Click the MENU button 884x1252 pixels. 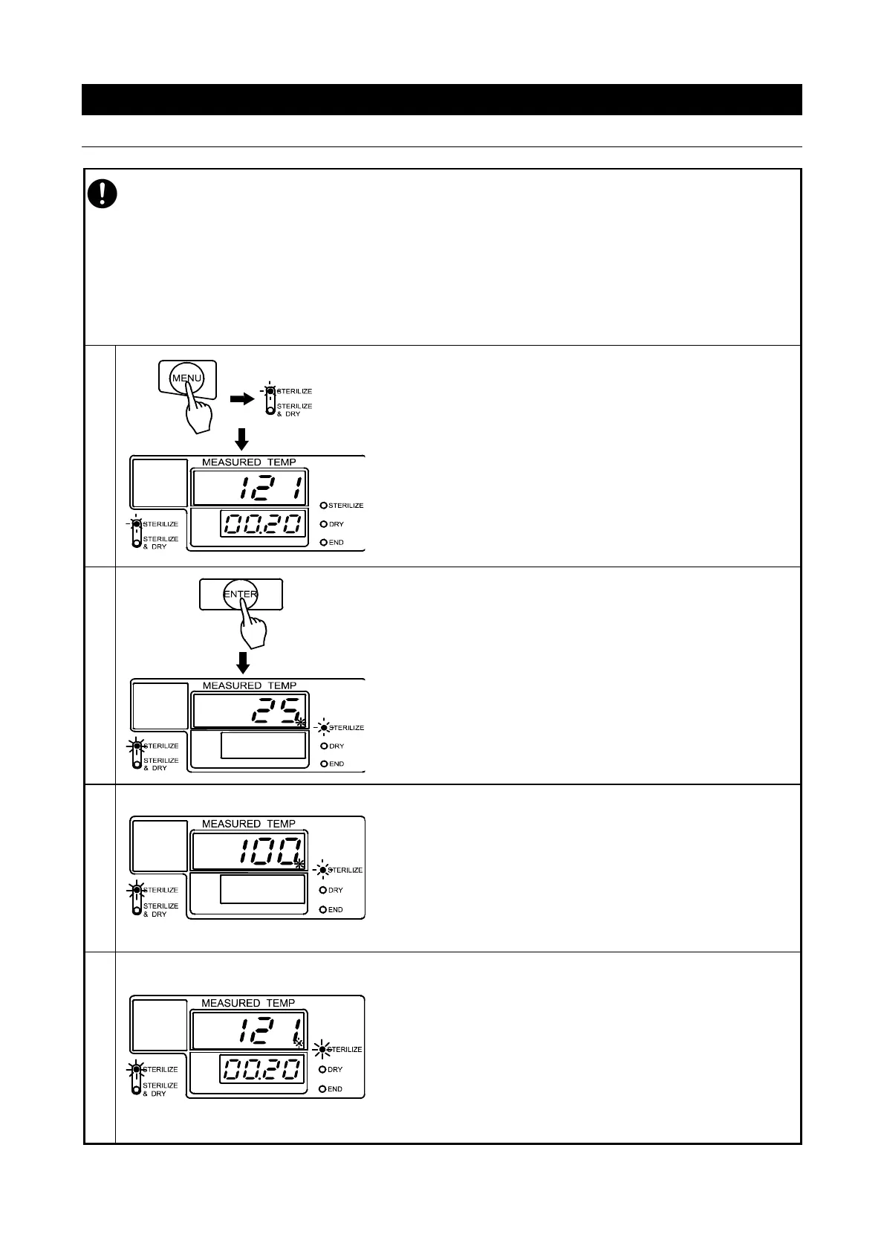[186, 378]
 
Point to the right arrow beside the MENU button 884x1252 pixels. [241, 398]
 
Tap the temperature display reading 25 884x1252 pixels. [250, 711]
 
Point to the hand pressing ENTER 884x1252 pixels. [253, 628]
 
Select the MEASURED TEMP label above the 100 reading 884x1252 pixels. [249, 824]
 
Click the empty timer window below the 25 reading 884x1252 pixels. [264, 745]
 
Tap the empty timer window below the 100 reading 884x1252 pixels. [263, 889]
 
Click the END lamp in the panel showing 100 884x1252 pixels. [324, 909]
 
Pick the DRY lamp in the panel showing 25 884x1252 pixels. [324, 746]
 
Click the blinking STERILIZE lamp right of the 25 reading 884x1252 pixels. [324, 727]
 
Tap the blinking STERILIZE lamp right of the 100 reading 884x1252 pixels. [324, 870]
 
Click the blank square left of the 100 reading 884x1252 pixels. [159, 847]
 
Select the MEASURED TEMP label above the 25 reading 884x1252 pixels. [249, 685]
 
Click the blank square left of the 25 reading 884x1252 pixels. [159, 706]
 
